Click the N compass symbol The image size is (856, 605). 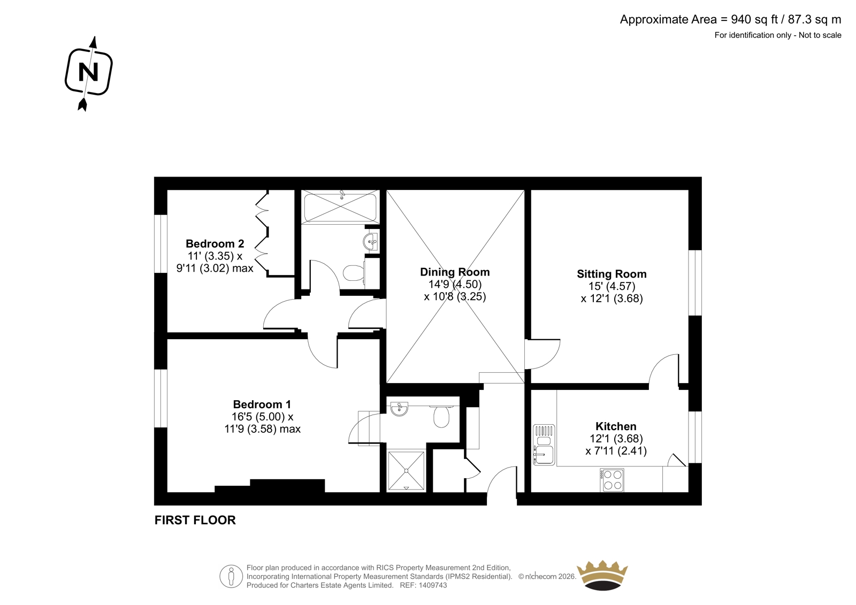[89, 73]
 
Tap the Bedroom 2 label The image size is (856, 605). [215, 243]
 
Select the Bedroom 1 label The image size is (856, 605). [262, 404]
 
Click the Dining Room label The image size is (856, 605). [455, 272]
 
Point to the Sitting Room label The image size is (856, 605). [612, 274]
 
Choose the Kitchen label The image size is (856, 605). [616, 426]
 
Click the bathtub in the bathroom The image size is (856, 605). [340, 207]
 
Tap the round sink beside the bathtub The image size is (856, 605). [370, 242]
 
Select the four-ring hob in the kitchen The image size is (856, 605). [612, 480]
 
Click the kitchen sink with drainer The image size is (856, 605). [544, 445]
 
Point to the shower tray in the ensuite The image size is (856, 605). [406, 471]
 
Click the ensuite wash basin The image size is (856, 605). [399, 409]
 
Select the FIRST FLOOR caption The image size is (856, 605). [195, 520]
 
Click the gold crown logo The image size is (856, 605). [602, 576]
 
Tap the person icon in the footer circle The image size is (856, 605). [231, 576]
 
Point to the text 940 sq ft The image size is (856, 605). [755, 19]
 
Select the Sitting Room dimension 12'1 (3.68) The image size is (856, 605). [612, 298]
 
